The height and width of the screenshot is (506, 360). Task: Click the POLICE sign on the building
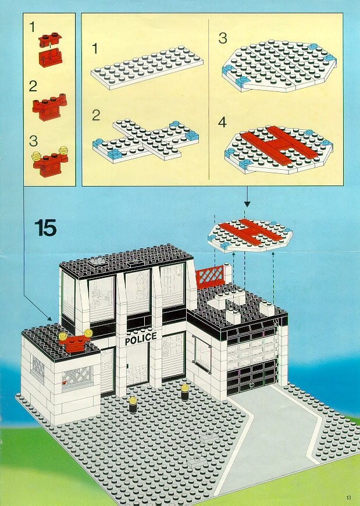point(141,338)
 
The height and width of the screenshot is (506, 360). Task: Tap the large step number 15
point(45,228)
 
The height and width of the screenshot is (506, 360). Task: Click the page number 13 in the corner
point(349,497)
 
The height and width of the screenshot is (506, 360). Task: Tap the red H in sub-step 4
point(278,145)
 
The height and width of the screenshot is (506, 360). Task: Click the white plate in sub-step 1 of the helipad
point(147,67)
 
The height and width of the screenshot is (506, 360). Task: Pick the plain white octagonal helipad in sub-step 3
point(279,66)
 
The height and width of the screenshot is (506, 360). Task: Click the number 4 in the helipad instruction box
point(222,122)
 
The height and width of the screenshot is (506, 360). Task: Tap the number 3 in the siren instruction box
point(33,141)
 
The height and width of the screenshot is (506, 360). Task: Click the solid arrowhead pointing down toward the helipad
point(247,204)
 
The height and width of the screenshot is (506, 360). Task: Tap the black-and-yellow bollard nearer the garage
point(185,393)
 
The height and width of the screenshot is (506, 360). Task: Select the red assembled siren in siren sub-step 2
point(49,108)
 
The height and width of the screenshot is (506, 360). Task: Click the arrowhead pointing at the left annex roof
point(49,319)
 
